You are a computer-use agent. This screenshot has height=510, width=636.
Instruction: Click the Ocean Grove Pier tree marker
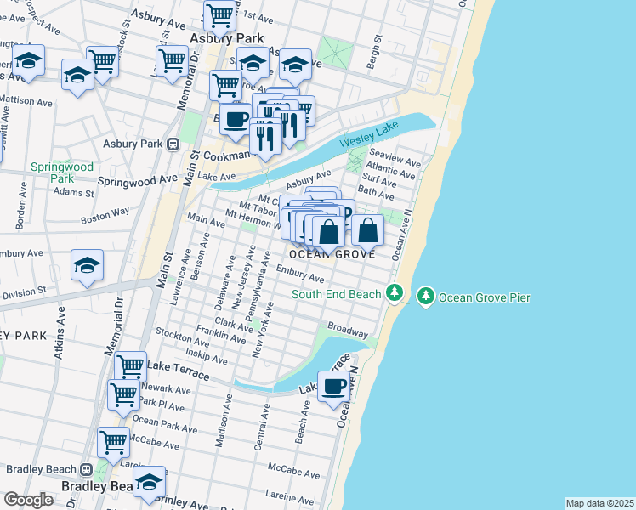pos(425,297)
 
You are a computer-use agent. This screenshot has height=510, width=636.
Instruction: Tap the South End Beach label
pos(336,295)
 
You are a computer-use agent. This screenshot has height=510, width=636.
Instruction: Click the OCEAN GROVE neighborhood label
pos(332,254)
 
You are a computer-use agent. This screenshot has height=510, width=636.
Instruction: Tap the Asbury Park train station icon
pos(173,144)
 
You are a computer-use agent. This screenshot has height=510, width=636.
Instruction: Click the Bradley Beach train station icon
pos(85,469)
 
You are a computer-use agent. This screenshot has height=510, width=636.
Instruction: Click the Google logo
pos(28,500)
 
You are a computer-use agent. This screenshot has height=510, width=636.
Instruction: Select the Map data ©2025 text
pos(599,503)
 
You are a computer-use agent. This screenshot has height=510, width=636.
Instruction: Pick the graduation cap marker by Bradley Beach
pos(149,481)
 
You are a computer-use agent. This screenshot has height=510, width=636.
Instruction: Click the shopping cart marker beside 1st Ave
pos(220,14)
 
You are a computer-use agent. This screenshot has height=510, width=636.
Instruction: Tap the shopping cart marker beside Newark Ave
pos(123,394)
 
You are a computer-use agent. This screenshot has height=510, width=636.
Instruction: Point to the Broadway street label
pos(347,330)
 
